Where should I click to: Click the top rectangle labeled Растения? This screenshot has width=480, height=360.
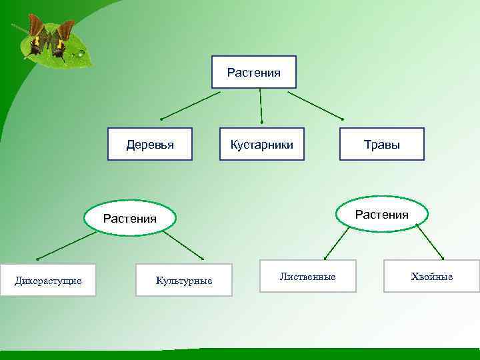pos(253,72)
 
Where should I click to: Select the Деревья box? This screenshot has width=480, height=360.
pos(150,144)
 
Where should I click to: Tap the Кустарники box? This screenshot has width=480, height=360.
pos(261,144)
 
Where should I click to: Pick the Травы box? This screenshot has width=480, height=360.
pos(381,144)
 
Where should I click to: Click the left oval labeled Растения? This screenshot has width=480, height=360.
pos(130,218)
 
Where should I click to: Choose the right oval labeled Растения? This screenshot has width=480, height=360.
pos(381,214)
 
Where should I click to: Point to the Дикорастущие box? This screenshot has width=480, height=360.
pos(48,280)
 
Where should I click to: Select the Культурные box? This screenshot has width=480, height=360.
pos(184,280)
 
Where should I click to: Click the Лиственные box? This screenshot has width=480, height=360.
pos(307,276)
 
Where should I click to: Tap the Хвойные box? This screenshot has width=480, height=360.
pos(431,276)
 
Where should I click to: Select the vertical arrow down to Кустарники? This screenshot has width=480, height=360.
pos(261,105)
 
